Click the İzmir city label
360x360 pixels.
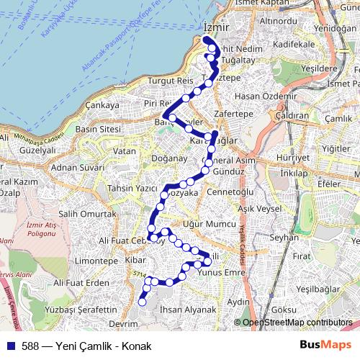coord(216,26)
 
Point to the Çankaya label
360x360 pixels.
coord(102,105)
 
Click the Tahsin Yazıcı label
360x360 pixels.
coord(131,188)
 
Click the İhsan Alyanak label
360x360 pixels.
coord(189,309)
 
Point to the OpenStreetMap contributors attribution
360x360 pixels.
coord(297,323)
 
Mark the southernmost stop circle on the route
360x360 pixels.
coord(142,302)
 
